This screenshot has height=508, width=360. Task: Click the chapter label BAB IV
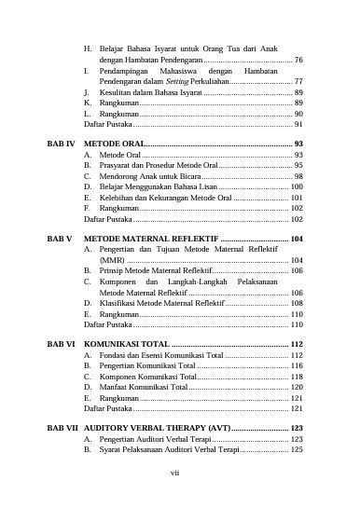pyautogui.click(x=62, y=143)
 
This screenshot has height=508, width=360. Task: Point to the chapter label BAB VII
pyautogui.click(x=63, y=427)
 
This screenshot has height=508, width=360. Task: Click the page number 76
pyautogui.click(x=298, y=59)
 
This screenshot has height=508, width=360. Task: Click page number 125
pyautogui.click(x=296, y=449)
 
